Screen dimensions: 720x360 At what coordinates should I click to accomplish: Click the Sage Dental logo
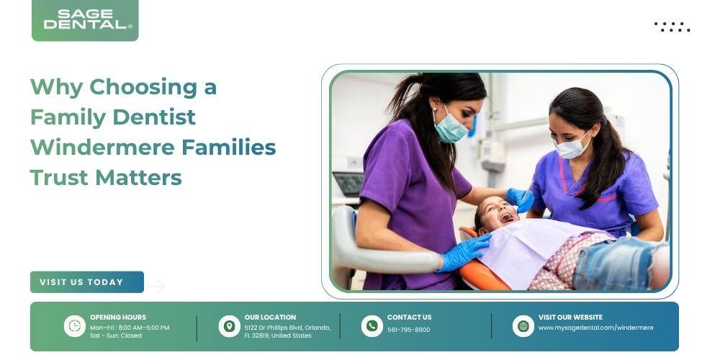(85, 20)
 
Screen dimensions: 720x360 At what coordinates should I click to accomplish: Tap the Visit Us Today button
(87, 282)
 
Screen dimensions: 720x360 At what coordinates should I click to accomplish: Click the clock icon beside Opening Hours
(74, 326)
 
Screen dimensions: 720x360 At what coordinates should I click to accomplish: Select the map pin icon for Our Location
(229, 326)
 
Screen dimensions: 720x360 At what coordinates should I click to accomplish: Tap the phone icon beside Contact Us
(372, 326)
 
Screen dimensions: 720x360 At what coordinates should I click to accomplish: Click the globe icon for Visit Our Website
(523, 326)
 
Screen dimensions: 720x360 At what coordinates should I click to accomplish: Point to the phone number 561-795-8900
(409, 330)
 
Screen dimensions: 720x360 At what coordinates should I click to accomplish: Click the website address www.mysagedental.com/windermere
(595, 328)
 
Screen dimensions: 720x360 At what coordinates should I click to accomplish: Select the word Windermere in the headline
(102, 148)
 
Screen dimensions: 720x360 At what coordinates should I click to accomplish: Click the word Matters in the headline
(138, 178)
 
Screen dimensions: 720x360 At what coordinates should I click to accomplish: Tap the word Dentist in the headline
(154, 117)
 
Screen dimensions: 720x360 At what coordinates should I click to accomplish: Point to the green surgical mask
(450, 126)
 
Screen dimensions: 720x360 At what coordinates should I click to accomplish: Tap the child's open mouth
(508, 217)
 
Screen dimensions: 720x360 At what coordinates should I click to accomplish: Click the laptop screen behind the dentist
(348, 184)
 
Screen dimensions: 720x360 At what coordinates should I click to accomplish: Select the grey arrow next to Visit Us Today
(156, 286)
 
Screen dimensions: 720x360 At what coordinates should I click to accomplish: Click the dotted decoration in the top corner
(672, 27)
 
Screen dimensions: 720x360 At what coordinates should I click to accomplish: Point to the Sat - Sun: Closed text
(116, 336)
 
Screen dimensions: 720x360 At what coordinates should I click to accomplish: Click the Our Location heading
(270, 318)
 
